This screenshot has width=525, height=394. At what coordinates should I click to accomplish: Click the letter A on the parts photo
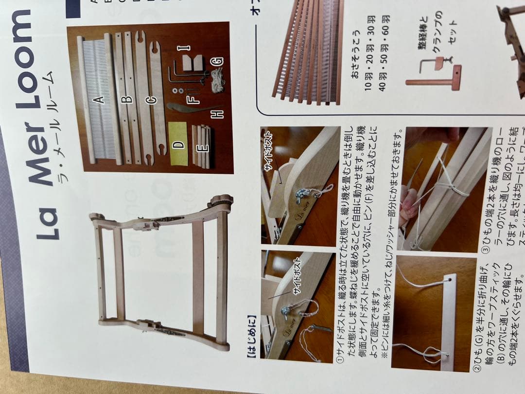click(99, 100)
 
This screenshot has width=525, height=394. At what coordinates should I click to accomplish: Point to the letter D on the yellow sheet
click(178, 144)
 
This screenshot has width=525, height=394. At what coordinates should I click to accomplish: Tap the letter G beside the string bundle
click(217, 61)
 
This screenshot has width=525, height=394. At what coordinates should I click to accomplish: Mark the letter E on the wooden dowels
click(204, 146)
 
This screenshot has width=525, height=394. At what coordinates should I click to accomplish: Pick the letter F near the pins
click(194, 99)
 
